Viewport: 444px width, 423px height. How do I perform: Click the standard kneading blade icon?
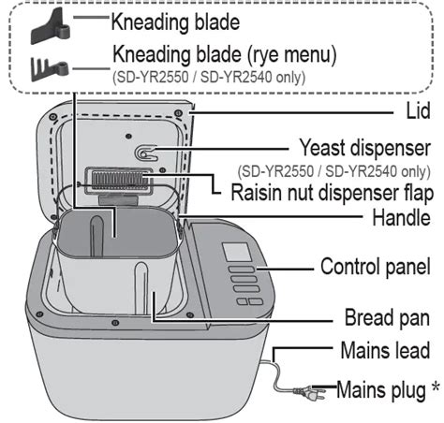click(x=51, y=27)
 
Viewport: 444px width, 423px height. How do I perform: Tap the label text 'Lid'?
click(x=418, y=110)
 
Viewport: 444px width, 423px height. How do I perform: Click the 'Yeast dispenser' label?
click(x=365, y=148)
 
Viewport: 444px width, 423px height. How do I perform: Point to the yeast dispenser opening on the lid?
click(x=143, y=153)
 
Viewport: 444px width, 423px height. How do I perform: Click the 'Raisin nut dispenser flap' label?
click(x=333, y=193)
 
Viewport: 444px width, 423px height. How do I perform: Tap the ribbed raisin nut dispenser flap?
click(x=120, y=179)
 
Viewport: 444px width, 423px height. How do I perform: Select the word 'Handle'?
click(x=401, y=217)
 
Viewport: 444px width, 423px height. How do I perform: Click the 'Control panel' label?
click(x=376, y=267)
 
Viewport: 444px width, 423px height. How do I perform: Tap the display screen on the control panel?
click(x=237, y=252)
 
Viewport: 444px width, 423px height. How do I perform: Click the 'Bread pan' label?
click(x=387, y=318)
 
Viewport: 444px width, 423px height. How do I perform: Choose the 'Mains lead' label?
click(x=385, y=350)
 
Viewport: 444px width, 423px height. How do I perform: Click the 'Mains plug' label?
click(x=381, y=390)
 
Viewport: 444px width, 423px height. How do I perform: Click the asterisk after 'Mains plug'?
click(x=436, y=387)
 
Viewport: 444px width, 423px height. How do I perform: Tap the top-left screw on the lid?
click(x=52, y=117)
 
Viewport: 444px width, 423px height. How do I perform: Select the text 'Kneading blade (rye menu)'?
click(x=225, y=54)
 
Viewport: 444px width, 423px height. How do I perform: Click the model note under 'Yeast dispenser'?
click(x=334, y=171)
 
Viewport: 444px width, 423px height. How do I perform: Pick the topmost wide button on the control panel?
click(x=242, y=270)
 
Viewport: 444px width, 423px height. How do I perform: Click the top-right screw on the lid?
click(x=178, y=112)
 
